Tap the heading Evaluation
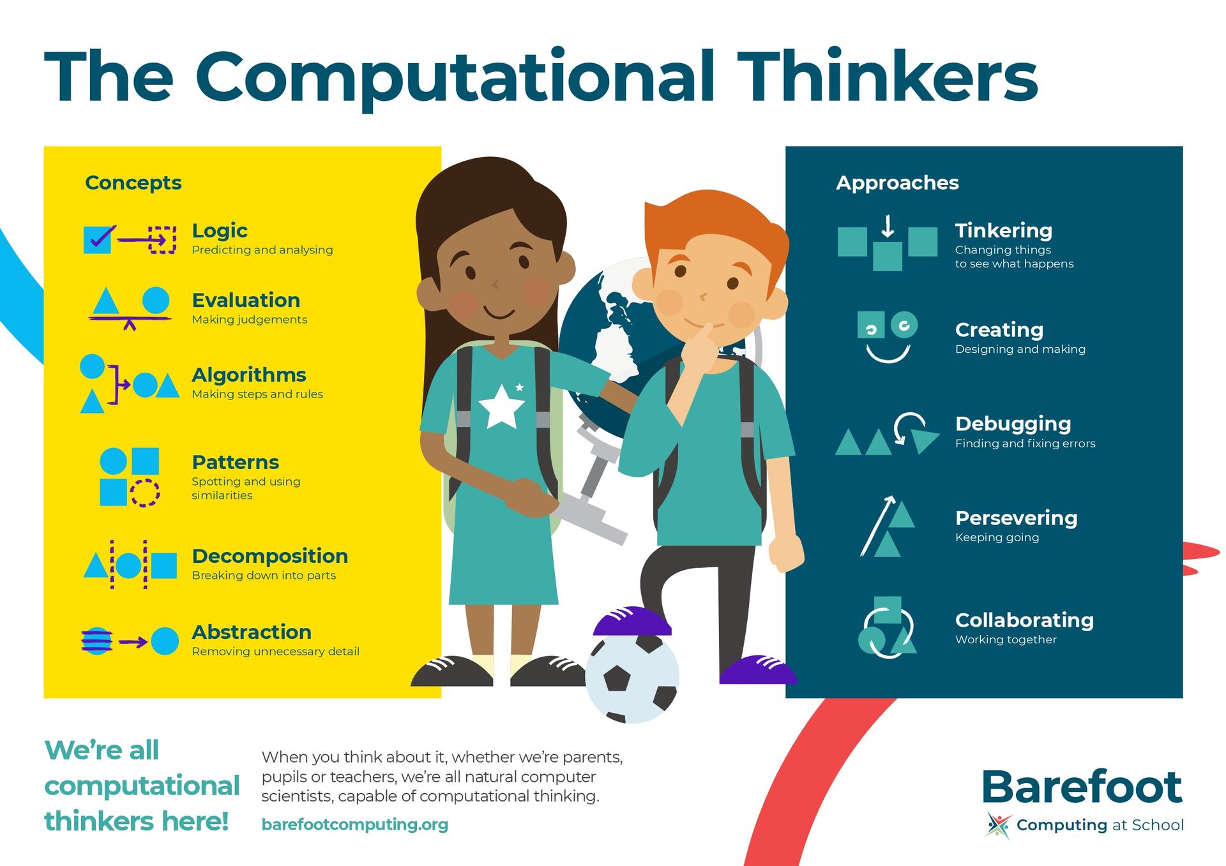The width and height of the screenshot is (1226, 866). tap(246, 300)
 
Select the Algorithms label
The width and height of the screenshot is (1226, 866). tap(249, 375)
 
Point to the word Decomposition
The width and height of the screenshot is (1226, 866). tap(269, 556)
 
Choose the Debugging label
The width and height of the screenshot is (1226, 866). tap(1013, 424)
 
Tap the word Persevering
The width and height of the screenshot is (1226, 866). tap(1016, 518)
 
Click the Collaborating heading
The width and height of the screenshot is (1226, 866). tap(1024, 620)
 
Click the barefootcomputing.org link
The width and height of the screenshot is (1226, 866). tap(355, 825)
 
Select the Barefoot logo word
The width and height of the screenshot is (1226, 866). tap(1082, 787)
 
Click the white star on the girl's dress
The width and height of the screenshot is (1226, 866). tap(502, 405)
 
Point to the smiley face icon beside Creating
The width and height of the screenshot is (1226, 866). tap(888, 337)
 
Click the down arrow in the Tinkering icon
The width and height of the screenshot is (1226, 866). tap(888, 227)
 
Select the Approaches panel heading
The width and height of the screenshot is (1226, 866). tap(897, 183)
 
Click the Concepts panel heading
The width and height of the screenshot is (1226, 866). tap(133, 183)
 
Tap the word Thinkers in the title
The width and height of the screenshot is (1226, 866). tap(888, 77)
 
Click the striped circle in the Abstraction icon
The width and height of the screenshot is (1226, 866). tap(97, 641)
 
